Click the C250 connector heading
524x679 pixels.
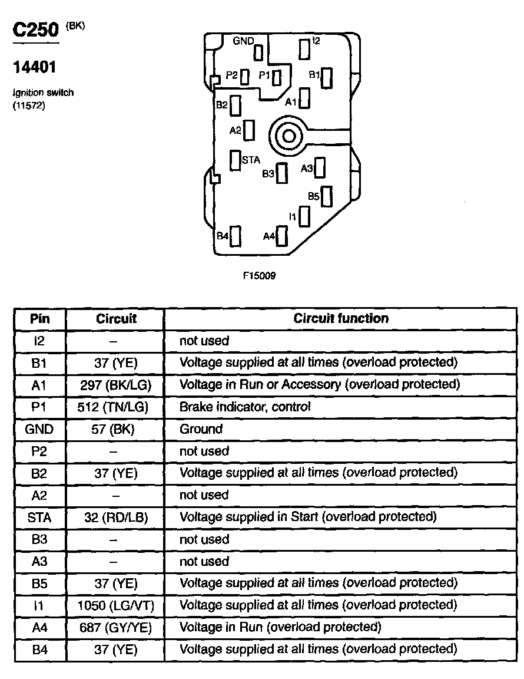[x=35, y=29]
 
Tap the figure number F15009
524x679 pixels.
[x=259, y=275]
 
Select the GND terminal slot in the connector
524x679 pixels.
[x=258, y=53]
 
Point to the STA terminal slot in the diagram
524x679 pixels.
[x=235, y=160]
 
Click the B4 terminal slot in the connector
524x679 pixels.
[x=236, y=236]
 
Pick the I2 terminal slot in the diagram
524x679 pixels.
[x=304, y=48]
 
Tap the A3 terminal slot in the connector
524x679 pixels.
[x=320, y=167]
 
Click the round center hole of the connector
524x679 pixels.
[x=288, y=137]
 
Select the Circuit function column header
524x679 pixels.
[x=341, y=318]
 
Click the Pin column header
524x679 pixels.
[x=40, y=319]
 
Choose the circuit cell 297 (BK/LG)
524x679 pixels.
[x=115, y=385]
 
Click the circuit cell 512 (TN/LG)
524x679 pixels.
[x=113, y=407]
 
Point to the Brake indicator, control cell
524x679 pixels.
[x=245, y=407]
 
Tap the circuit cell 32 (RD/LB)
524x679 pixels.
[x=116, y=518]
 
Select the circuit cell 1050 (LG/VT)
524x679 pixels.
[x=116, y=605]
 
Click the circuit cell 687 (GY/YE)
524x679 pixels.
[x=115, y=628]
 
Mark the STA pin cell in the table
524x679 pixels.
[x=39, y=518]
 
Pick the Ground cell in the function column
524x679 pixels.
[x=201, y=429]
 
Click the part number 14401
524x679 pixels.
[x=35, y=68]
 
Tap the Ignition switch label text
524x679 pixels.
[x=43, y=93]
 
